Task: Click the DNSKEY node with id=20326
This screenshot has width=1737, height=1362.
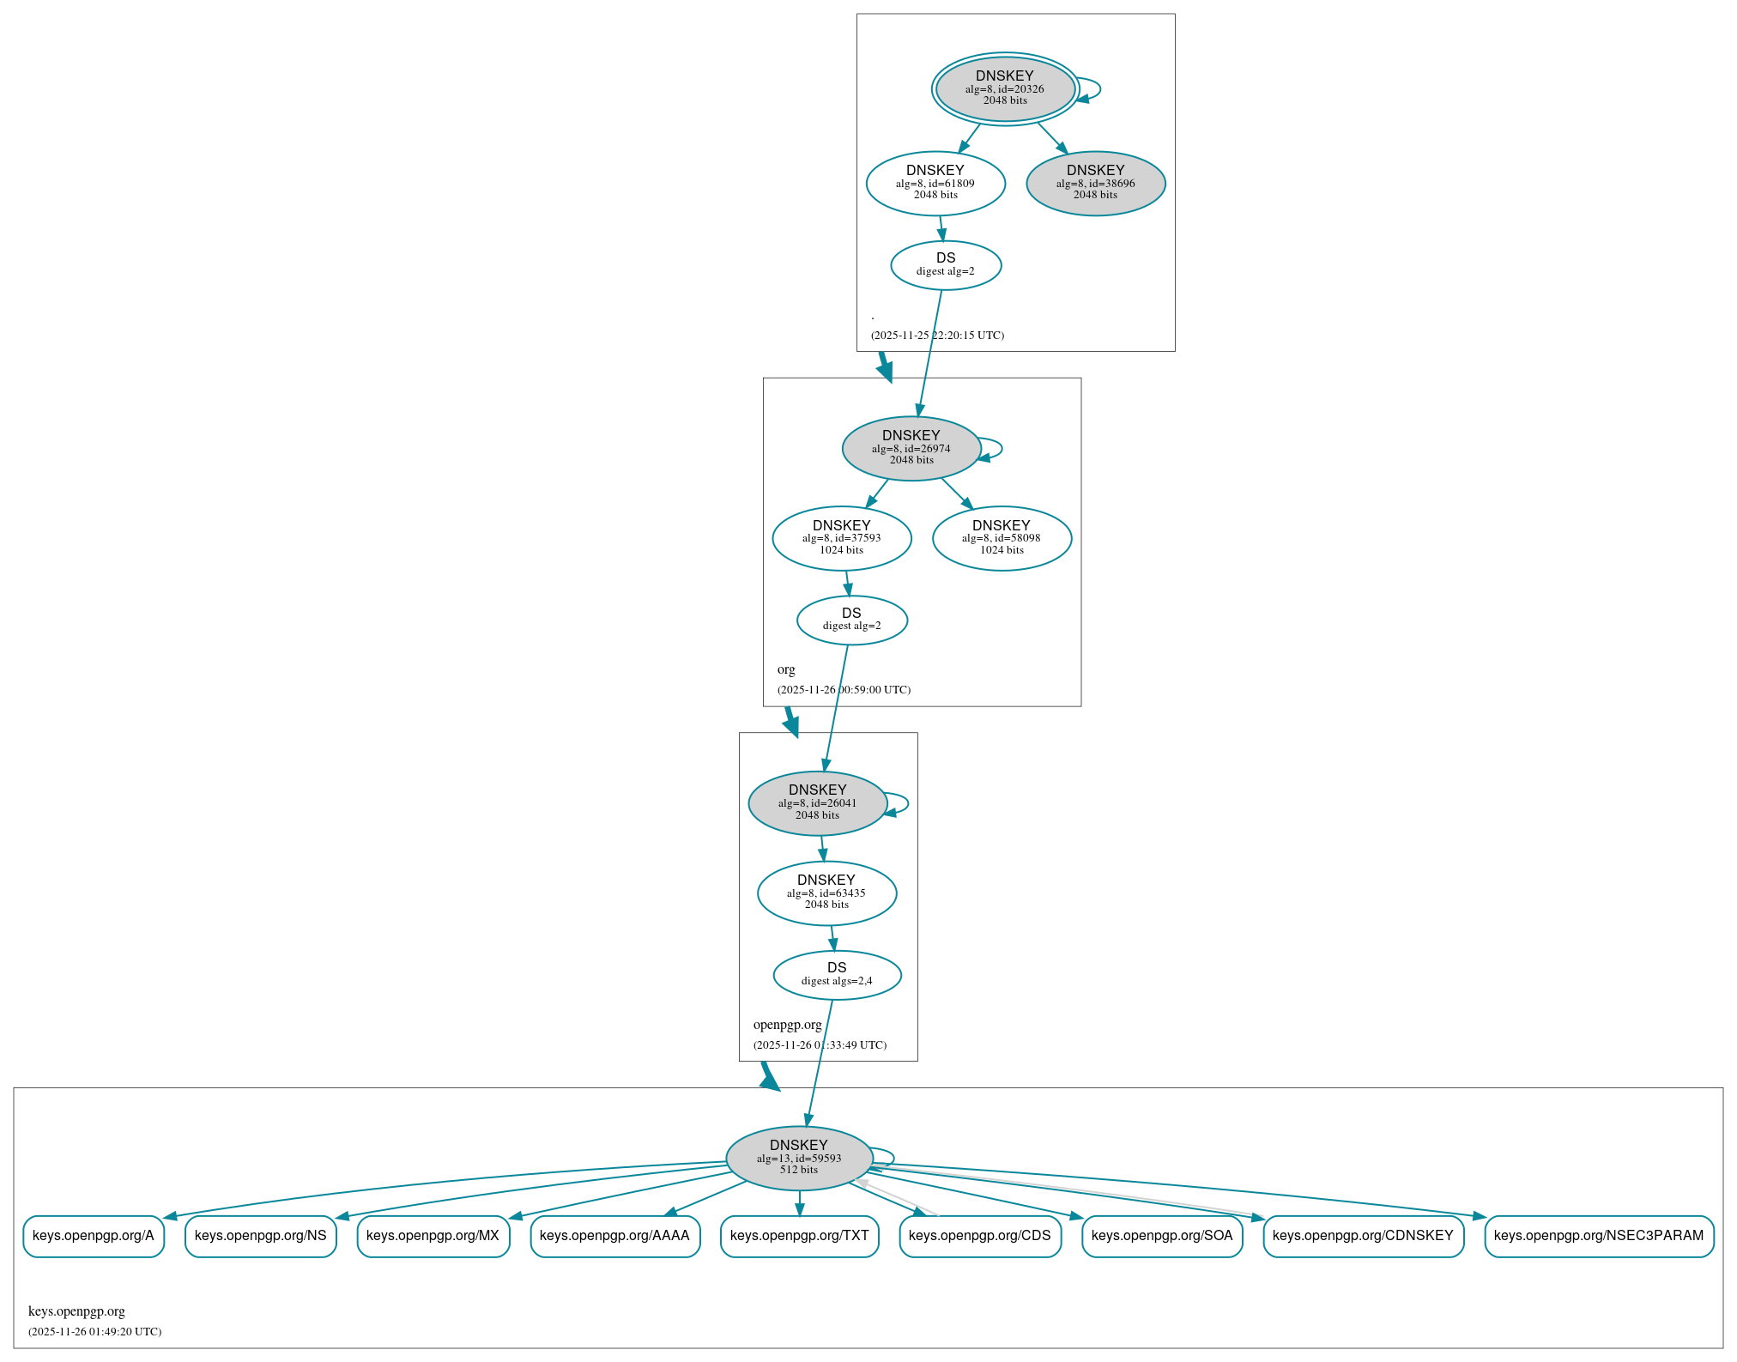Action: point(1004,88)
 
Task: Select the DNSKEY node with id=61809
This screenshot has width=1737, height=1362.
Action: point(935,183)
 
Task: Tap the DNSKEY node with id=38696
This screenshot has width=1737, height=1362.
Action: point(1095,183)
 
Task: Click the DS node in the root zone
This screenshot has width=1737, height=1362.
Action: point(946,264)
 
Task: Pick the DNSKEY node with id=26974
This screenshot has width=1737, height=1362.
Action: point(911,448)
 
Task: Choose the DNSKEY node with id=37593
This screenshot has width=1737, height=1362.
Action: point(841,538)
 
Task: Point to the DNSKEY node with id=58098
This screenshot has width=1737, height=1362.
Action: point(1002,538)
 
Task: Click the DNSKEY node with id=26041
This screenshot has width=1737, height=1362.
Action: point(817,803)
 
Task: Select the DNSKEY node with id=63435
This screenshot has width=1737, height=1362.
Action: point(826,893)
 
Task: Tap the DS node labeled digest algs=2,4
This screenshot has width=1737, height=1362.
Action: point(837,975)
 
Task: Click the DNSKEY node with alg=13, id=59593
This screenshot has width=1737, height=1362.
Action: point(799,1158)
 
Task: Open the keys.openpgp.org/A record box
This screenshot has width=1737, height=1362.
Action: point(94,1236)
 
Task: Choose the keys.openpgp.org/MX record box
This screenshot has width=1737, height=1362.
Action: point(433,1236)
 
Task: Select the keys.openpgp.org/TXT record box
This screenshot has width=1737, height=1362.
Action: point(799,1236)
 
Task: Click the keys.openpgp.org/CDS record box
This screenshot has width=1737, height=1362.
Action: point(980,1236)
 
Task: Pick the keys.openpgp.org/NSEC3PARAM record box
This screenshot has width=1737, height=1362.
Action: point(1598,1236)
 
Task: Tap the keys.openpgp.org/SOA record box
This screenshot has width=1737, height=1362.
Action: point(1162,1236)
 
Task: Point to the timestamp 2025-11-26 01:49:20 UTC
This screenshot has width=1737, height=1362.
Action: point(94,1332)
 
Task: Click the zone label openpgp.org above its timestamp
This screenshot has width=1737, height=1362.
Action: point(787,1025)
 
